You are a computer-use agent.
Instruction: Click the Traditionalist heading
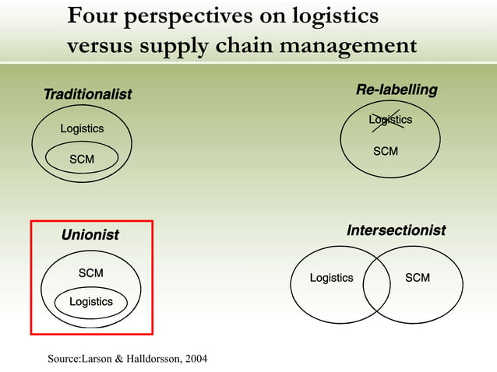click(87, 94)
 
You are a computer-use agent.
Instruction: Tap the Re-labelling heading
click(397, 90)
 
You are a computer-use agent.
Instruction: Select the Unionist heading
click(90, 234)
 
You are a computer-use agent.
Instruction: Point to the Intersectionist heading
click(396, 230)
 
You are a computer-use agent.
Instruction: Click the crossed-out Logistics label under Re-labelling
click(390, 120)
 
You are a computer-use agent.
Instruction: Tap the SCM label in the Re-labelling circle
click(386, 151)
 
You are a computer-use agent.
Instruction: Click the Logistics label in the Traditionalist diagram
click(82, 128)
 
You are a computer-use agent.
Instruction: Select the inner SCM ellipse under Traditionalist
click(82, 160)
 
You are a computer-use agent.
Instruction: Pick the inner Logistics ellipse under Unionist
click(91, 302)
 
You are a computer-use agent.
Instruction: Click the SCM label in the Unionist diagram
click(91, 273)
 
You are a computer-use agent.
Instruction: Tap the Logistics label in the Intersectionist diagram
click(331, 278)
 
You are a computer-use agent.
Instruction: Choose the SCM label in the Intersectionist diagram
click(418, 278)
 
